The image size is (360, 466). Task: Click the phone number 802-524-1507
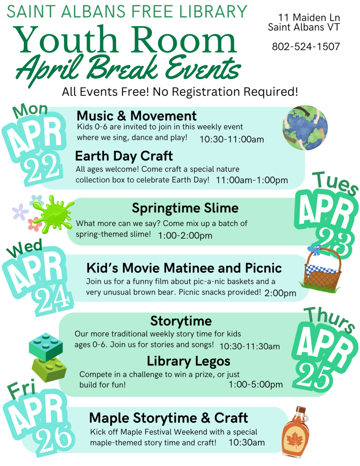pyautogui.click(x=306, y=47)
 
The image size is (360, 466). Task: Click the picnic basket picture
pyautogui.click(x=322, y=270)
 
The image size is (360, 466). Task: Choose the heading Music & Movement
pyautogui.click(x=137, y=116)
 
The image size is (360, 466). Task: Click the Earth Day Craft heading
pyautogui.click(x=124, y=156)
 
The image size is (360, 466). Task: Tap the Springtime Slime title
pyautogui.click(x=185, y=208)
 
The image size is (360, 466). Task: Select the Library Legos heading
pyautogui.click(x=188, y=361)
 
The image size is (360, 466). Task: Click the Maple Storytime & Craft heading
pyautogui.click(x=169, y=418)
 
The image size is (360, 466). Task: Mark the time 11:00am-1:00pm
pyautogui.click(x=252, y=180)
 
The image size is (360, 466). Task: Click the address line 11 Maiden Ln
pyautogui.click(x=304, y=18)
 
